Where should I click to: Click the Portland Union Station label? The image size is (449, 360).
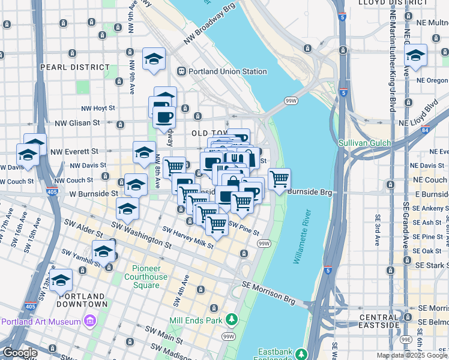coord(228,71)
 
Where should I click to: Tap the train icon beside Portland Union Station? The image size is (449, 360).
coord(181,71)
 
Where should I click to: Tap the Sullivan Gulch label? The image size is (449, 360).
coord(364,143)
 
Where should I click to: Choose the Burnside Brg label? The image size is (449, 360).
coord(309,192)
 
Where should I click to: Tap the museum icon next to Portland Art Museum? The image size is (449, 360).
coord(90,321)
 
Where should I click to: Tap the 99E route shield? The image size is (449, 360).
coord(406,340)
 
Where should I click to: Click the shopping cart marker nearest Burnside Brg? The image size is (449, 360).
coord(279,179)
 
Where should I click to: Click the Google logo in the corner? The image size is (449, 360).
coord(19,353)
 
